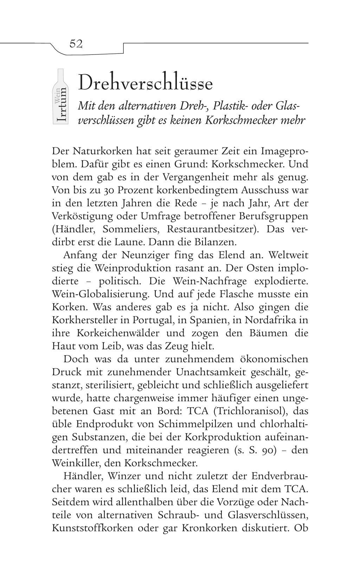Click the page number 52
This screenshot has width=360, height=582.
(x=76, y=44)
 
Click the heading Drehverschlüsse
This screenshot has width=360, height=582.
(x=146, y=83)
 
